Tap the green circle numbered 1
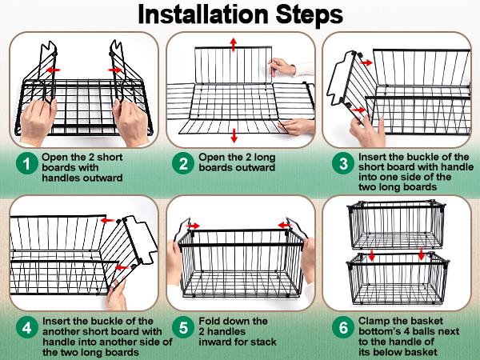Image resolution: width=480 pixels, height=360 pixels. tap(27, 163)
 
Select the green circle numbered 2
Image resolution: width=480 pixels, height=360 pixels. tap(183, 163)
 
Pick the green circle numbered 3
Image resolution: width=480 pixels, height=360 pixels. tap(343, 163)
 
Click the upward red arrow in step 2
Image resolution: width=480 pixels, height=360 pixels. tap(234, 43)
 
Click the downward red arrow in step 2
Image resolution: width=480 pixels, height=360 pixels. tap(234, 133)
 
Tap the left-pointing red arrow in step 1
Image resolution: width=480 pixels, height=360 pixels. tap(54, 70)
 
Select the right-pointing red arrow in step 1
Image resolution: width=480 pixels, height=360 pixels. tap(117, 70)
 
